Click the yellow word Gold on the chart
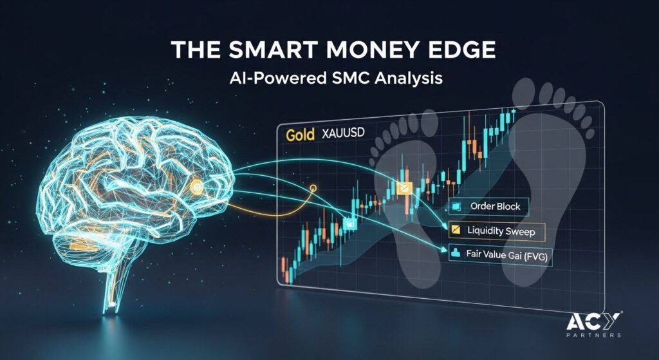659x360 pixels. click(300, 135)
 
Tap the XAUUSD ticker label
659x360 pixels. click(343, 134)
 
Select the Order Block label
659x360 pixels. click(495, 207)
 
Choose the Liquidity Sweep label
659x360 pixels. click(501, 231)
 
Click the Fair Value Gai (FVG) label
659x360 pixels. click(507, 255)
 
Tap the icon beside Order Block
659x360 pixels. click(456, 207)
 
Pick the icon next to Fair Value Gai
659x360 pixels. click(455, 253)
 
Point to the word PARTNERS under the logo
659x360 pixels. click(594, 335)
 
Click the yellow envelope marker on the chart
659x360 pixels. click(404, 189)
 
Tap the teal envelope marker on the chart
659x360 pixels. click(349, 223)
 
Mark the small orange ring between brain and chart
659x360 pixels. click(312, 188)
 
